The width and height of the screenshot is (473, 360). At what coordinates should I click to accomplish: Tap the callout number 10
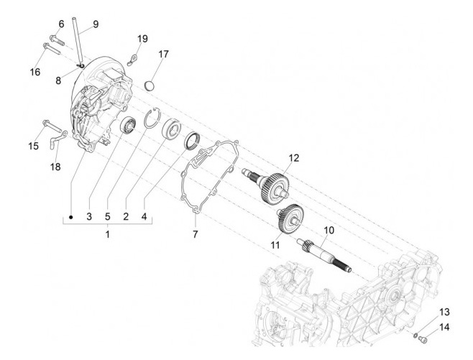(329, 231)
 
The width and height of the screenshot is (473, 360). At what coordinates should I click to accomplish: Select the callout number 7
(194, 235)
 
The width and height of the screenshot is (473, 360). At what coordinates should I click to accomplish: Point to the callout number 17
(164, 54)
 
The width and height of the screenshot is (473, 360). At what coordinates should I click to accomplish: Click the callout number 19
(142, 38)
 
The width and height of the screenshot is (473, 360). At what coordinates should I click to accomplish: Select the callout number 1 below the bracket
(108, 235)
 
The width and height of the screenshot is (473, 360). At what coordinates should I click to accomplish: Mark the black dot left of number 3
(72, 216)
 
